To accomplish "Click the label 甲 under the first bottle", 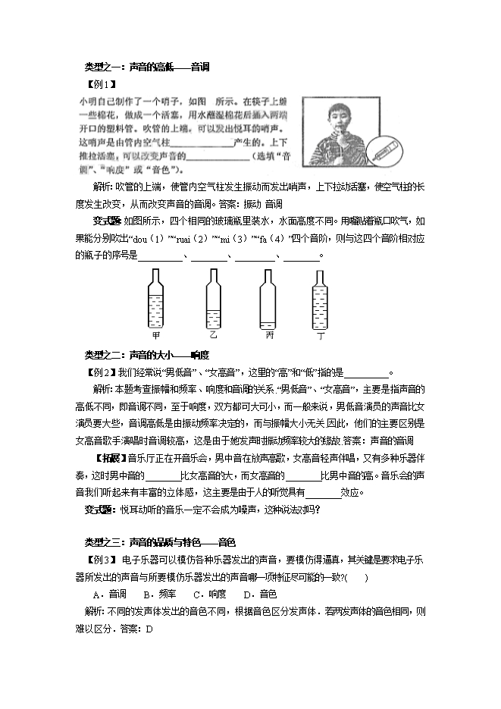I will (x=157, y=335).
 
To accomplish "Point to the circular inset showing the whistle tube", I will (x=384, y=147).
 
